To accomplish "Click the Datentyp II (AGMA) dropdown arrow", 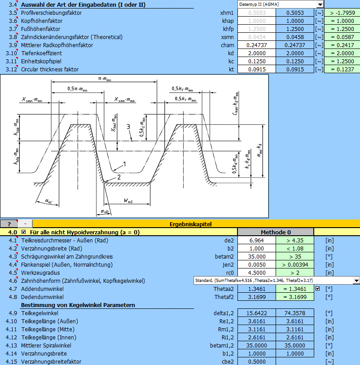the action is [x=320, y=4].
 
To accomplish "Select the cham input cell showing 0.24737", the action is [x=257, y=45].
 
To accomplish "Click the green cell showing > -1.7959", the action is [x=342, y=13].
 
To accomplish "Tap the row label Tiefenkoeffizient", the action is [x=42, y=53].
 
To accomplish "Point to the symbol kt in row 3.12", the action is [x=231, y=70].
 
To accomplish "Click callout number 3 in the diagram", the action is [x=128, y=127].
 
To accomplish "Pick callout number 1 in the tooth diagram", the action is [x=124, y=164].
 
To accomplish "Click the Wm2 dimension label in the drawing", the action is [x=128, y=200].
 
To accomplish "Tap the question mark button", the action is [x=9, y=224].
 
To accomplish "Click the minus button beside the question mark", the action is [x=25, y=224].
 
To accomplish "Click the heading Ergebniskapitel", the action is [x=191, y=224].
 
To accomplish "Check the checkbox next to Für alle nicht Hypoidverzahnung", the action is [x=23, y=232].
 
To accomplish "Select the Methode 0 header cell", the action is [x=276, y=232].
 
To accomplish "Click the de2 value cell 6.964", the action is [x=257, y=241].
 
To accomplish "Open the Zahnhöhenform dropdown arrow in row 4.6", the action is [x=356, y=281].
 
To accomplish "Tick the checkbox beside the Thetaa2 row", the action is [x=318, y=289].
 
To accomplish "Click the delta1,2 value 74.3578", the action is [x=295, y=313].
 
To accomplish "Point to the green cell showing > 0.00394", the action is [x=295, y=265].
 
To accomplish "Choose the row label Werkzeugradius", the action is [x=40, y=273].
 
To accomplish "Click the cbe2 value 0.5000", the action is [x=257, y=361].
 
